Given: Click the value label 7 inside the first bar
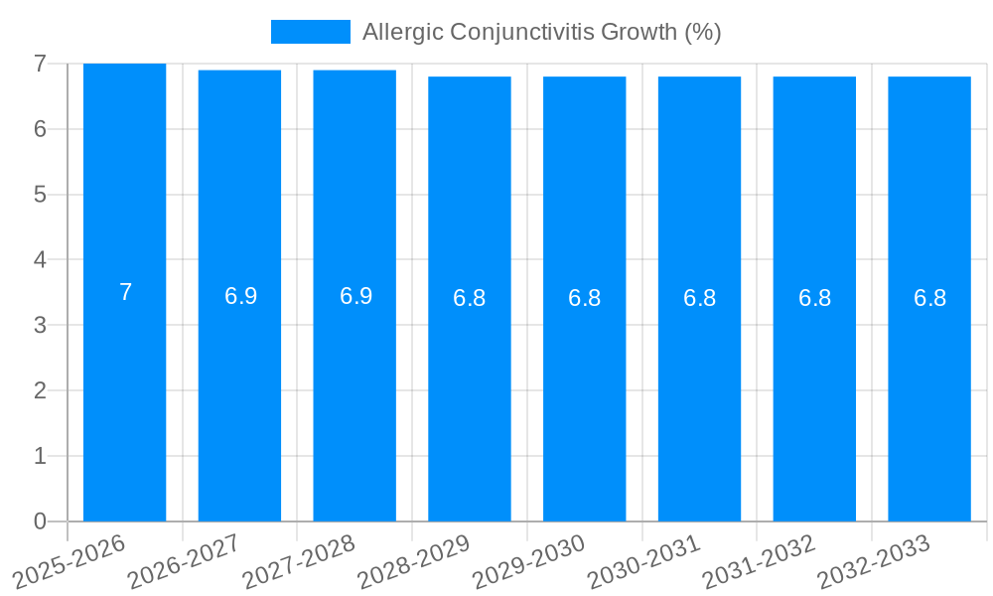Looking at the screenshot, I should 125,293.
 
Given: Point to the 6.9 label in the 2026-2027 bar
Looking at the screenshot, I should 240,296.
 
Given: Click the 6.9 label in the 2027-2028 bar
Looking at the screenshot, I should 355,296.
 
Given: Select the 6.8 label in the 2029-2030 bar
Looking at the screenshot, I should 584,298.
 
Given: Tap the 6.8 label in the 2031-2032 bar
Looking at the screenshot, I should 814,298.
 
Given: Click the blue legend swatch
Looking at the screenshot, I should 310,32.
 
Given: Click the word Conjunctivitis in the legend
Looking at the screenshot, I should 516,32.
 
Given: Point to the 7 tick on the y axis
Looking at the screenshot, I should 40,64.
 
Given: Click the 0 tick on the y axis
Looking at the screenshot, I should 40,521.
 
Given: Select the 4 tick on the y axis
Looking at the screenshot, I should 40,260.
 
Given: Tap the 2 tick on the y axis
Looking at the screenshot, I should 40,391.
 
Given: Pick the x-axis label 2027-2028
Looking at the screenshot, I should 299,558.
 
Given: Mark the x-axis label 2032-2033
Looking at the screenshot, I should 874,558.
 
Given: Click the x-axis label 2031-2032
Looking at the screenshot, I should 759,558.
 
